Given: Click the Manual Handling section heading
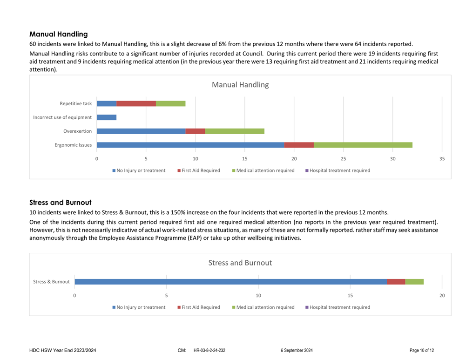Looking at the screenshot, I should click(59, 34).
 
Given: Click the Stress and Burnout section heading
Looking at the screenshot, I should click(61, 203).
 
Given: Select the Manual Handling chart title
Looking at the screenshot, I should click(240, 85).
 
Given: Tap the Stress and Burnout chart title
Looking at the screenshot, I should click(240, 263).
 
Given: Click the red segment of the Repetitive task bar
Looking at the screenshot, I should click(136, 103).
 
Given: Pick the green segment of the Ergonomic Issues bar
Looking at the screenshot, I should click(363, 145).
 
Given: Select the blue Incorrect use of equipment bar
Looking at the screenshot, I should click(107, 117).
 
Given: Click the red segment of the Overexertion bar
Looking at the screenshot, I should click(195, 131).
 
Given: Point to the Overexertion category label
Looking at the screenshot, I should click(78, 131).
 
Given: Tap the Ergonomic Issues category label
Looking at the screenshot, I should click(73, 145).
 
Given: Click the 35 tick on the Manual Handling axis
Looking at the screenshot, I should click(442, 159).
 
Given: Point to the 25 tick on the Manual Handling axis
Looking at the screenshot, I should click(343, 159).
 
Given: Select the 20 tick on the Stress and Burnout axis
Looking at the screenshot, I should click(442, 295).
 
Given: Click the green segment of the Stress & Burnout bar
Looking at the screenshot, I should click(414, 282).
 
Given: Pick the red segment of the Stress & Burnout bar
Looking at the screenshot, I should click(396, 282).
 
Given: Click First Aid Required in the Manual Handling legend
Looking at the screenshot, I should click(201, 170).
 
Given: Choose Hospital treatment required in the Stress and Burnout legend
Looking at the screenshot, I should click(340, 307).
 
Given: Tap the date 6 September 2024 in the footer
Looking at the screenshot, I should click(297, 350).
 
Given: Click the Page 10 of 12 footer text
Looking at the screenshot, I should click(422, 350).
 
